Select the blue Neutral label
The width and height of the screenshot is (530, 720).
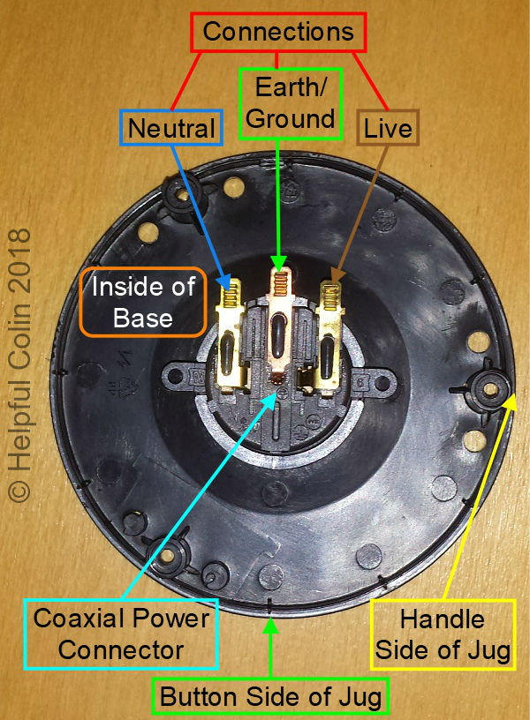(x=171, y=129)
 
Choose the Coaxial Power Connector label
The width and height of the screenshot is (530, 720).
(x=121, y=634)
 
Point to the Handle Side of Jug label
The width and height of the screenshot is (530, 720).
(x=442, y=634)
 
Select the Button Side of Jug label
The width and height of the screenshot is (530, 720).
(x=270, y=698)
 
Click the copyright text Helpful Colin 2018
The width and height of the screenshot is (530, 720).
(x=19, y=365)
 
